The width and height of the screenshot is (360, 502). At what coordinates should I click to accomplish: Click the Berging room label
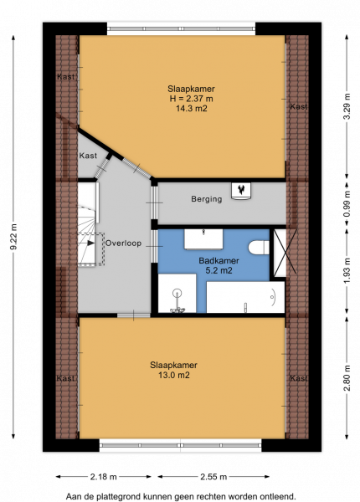(x=207, y=199)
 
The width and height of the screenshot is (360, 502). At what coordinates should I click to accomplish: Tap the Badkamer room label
(x=219, y=260)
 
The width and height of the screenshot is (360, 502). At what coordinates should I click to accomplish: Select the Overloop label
(x=123, y=243)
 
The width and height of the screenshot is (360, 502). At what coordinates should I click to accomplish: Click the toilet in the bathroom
(x=259, y=248)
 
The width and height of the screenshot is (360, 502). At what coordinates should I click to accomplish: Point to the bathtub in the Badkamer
(x=245, y=297)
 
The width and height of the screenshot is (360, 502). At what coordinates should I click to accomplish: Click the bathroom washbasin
(x=203, y=238)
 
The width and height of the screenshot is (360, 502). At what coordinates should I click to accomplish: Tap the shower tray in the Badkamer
(x=177, y=294)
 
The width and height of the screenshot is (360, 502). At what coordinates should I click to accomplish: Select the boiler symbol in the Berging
(x=241, y=191)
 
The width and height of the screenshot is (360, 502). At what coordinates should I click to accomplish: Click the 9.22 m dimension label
(x=13, y=238)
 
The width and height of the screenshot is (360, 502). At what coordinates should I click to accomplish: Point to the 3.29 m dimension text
(x=347, y=106)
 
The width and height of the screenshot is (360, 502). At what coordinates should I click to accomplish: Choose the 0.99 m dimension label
(x=347, y=204)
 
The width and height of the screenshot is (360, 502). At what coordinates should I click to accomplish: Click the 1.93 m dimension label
(x=347, y=270)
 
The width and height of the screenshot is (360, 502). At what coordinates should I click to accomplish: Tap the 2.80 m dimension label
(x=347, y=378)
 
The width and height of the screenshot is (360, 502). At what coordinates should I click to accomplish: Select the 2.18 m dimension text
(x=104, y=477)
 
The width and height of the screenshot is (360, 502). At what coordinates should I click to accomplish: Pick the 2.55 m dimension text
(x=213, y=477)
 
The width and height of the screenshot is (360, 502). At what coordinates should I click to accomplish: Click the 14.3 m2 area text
(x=192, y=109)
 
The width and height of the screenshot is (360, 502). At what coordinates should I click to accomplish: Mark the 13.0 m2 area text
(x=174, y=375)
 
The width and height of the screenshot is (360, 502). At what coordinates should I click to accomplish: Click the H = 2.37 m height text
(x=192, y=99)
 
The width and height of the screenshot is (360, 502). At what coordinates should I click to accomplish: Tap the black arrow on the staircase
(x=91, y=243)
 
